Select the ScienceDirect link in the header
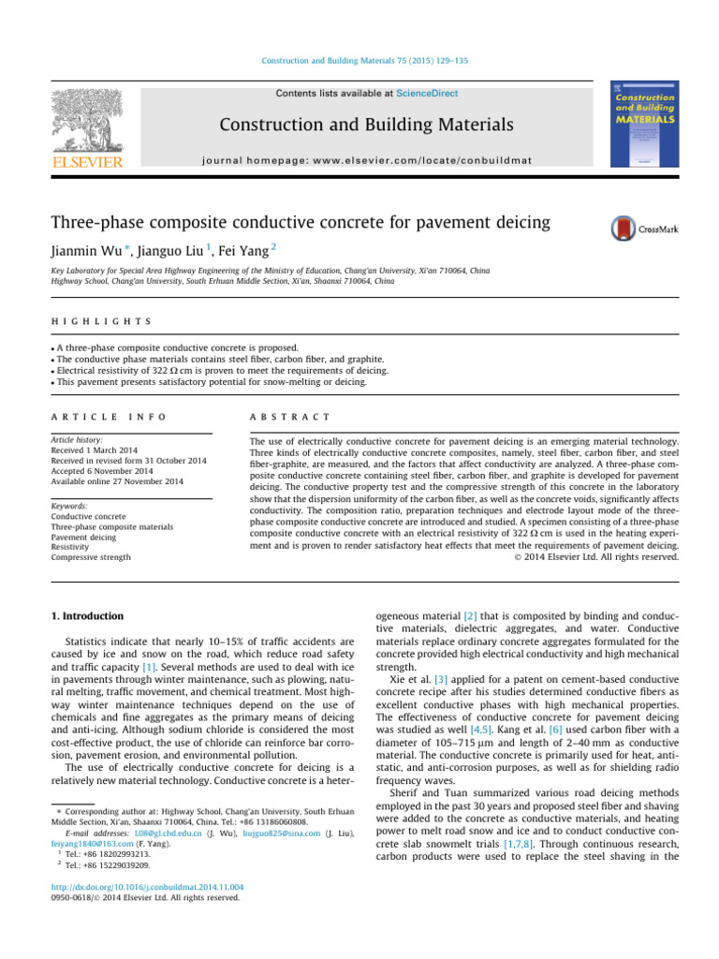click(428, 94)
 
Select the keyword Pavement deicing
click(86, 527)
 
